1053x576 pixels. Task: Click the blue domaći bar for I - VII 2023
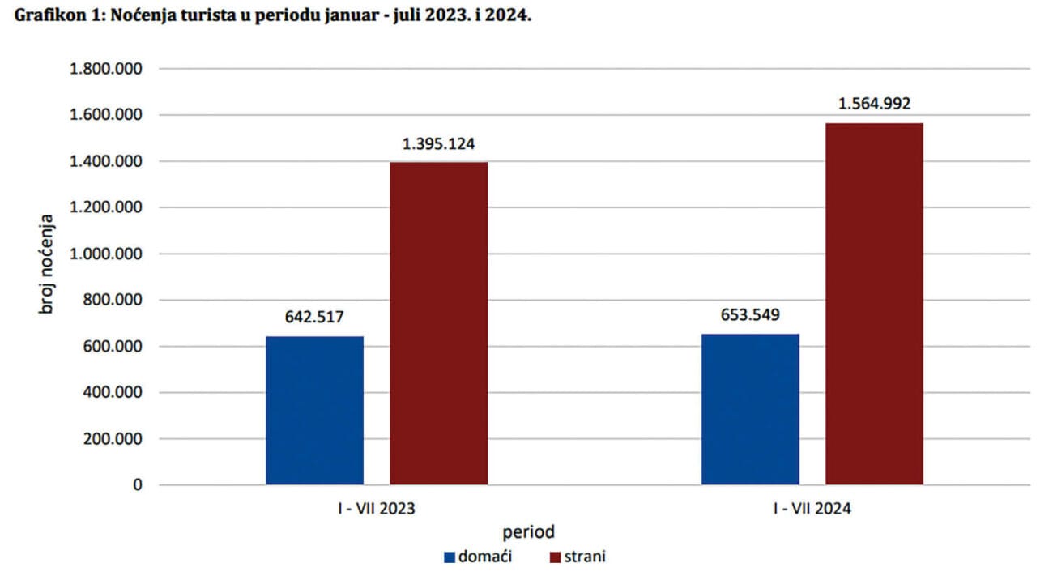[314, 410]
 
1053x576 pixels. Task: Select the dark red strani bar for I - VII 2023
[438, 323]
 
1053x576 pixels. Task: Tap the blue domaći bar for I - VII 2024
[750, 409]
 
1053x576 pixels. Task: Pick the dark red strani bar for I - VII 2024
[874, 304]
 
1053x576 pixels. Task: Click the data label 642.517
[314, 316]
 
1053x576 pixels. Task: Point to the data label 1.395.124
[438, 144]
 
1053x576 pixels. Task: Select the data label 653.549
[750, 314]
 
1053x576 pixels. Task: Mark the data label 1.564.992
[874, 104]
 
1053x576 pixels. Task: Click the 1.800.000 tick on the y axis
[107, 69]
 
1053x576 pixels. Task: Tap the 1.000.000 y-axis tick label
[107, 254]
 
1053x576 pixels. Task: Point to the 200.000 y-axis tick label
[113, 439]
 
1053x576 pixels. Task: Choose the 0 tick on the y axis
[138, 485]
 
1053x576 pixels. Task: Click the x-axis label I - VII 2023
[377, 510]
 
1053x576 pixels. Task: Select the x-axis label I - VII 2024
[812, 510]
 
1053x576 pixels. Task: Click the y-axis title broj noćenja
[49, 265]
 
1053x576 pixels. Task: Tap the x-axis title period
[528, 533]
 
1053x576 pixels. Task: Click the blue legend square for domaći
[450, 557]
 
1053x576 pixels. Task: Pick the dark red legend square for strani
[556, 557]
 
